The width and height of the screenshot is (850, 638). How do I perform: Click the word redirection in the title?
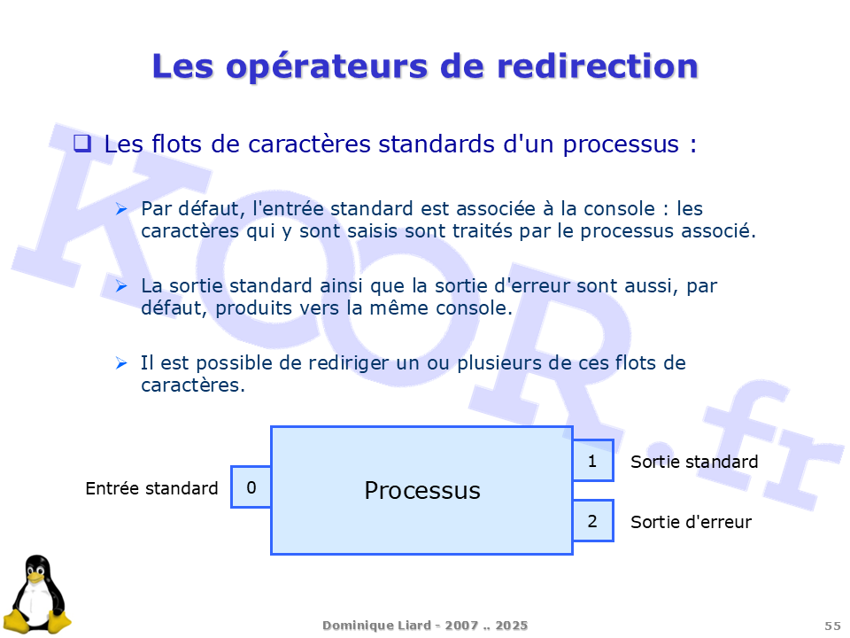coord(598,66)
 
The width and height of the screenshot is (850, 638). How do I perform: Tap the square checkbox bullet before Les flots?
coord(82,144)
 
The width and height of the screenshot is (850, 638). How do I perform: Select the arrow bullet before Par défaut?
coord(121,209)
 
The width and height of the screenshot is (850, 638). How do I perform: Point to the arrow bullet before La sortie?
coord(121,286)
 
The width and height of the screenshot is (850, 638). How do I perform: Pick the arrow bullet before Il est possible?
coord(121,363)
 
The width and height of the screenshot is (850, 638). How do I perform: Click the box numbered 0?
coord(251,487)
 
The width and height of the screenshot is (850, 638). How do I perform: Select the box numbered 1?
coord(593,461)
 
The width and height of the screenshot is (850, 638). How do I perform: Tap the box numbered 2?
coord(593,521)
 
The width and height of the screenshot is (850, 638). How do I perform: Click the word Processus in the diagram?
coord(422,490)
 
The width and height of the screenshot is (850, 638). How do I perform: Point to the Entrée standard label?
coord(151,488)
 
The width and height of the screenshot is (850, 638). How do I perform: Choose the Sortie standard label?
coord(694,462)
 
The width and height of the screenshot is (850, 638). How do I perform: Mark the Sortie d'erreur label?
coord(692,522)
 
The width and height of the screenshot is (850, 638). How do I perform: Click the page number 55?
coord(832,626)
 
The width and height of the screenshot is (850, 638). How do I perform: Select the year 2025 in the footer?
coord(511,626)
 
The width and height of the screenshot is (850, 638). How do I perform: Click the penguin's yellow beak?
coord(35,577)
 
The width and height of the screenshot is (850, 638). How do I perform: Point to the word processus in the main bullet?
coord(621,145)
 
